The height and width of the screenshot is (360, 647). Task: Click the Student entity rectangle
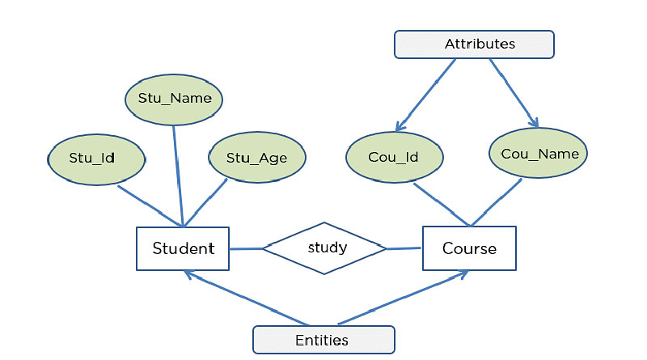(183, 248)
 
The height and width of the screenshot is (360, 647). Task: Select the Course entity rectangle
(469, 248)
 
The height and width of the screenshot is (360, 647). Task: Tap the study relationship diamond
(325, 248)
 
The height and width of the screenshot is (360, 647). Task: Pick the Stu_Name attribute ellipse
(174, 99)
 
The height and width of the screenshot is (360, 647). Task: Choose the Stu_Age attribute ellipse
(256, 158)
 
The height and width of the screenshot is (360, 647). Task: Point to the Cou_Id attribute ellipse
(393, 157)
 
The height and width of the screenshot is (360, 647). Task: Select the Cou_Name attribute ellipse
(539, 153)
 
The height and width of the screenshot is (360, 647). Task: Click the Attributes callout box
(474, 44)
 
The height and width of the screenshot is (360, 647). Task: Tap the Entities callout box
(323, 340)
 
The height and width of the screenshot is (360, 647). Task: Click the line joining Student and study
(246, 248)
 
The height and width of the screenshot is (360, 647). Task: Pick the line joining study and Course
(404, 248)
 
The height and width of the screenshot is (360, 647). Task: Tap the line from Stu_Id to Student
(150, 206)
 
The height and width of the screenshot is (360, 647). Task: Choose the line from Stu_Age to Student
(206, 202)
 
